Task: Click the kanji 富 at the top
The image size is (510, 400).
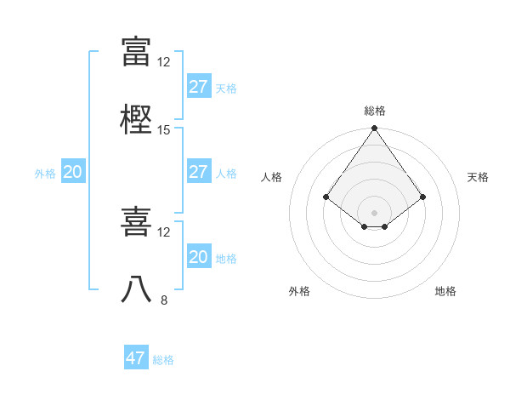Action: click(x=136, y=51)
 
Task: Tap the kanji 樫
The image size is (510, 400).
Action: click(x=136, y=119)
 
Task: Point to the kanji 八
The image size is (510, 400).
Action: click(x=136, y=289)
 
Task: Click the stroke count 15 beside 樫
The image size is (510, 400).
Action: click(x=164, y=129)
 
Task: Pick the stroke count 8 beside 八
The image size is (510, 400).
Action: click(x=164, y=300)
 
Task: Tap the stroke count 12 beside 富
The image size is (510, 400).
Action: click(x=164, y=61)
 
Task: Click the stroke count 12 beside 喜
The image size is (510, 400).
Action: click(x=164, y=231)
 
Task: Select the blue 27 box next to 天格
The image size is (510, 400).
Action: click(x=198, y=87)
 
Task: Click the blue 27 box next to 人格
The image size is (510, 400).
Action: click(x=198, y=172)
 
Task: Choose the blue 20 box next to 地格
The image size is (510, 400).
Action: click(x=198, y=257)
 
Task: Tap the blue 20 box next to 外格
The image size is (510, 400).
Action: click(x=72, y=172)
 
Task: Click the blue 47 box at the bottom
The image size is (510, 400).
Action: click(x=136, y=358)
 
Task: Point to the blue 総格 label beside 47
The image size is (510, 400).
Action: click(x=163, y=360)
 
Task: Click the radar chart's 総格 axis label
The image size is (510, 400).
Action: click(x=375, y=111)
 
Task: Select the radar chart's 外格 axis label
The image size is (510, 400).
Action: click(x=299, y=292)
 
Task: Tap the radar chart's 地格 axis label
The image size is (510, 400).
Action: click(x=445, y=292)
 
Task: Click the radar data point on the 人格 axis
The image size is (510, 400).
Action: click(x=326, y=197)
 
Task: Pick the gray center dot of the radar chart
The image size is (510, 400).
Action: click(x=375, y=212)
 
